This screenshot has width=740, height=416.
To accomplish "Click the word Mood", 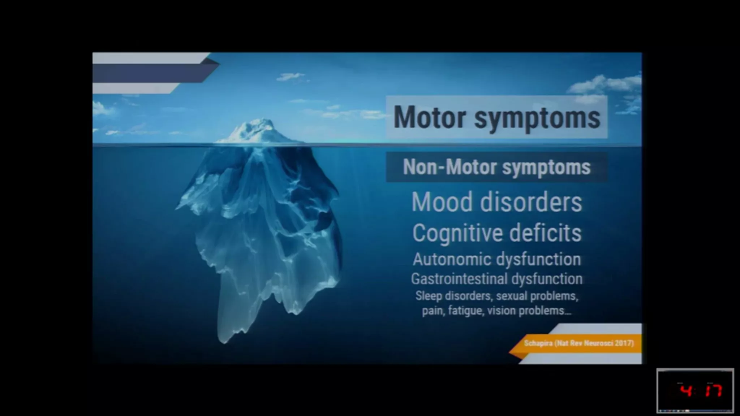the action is [442, 202].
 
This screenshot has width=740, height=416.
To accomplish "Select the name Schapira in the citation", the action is [538, 343].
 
